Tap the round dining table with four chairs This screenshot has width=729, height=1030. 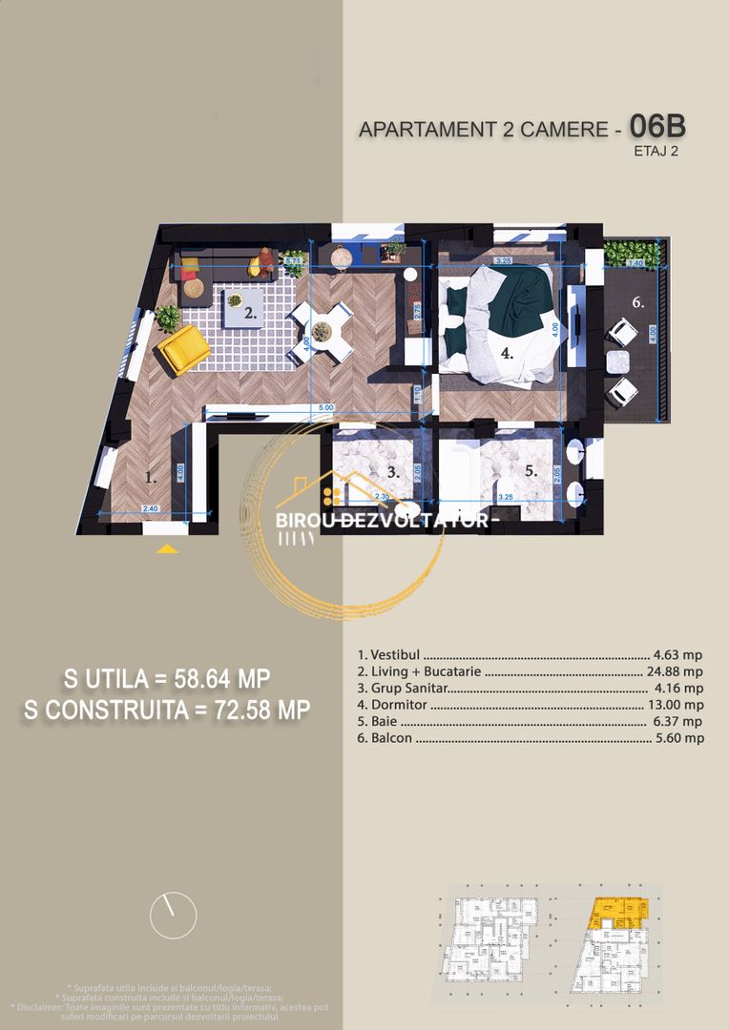click(322, 332)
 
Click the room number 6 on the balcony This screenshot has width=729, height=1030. click(638, 302)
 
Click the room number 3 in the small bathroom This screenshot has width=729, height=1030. click(392, 471)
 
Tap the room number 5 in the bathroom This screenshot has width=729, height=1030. click(531, 471)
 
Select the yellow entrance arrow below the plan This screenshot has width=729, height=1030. click(167, 549)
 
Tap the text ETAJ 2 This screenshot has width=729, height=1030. click(656, 150)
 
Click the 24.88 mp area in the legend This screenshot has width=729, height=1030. click(675, 672)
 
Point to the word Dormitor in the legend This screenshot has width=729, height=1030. click(390, 705)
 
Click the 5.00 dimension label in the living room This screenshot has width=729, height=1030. click(324, 408)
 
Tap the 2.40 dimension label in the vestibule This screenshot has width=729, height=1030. click(149, 508)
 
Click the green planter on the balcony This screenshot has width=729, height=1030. click(626, 253)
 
